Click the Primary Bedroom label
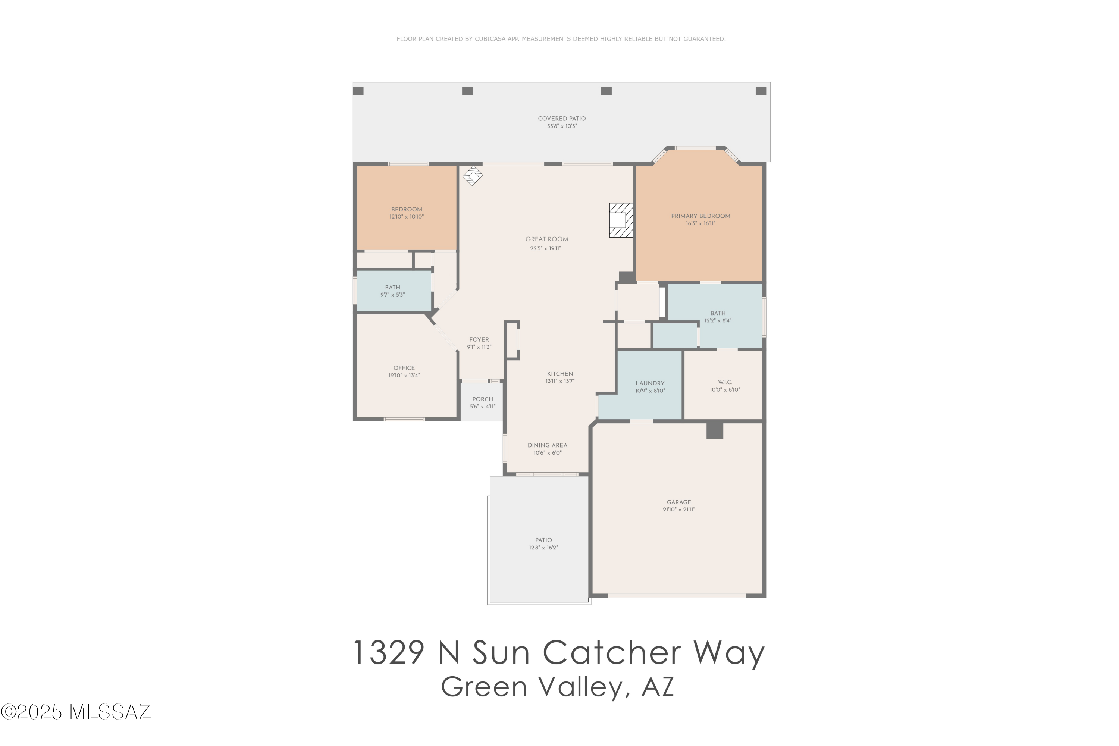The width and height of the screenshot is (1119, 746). coord(700,216)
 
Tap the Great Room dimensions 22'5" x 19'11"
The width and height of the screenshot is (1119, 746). coord(546,248)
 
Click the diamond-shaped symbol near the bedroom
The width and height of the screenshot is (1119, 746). coord(473,176)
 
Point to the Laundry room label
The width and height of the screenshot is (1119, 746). coord(650,383)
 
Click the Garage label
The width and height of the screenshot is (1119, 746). coord(678,502)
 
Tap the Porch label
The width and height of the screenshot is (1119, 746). coord(482,399)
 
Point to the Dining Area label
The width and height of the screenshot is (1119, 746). coord(547,446)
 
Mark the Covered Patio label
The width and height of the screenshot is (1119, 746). coord(561,119)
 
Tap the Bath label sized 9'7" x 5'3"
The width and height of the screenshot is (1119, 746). coord(392,287)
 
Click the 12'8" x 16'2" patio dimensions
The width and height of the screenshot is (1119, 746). coord(543,548)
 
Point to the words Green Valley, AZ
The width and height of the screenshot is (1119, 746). coord(558,687)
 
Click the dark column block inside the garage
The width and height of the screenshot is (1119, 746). coord(714,430)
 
